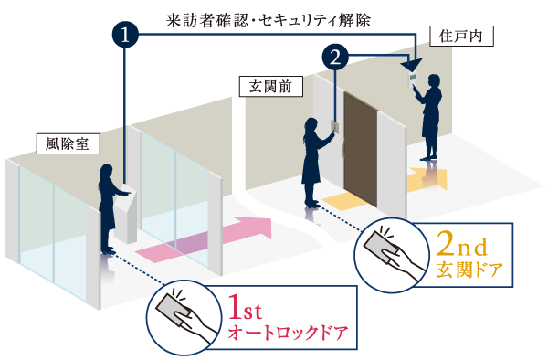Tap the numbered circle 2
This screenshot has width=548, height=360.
336,58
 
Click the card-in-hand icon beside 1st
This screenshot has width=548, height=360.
183,315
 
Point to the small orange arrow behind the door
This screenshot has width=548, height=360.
427,176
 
